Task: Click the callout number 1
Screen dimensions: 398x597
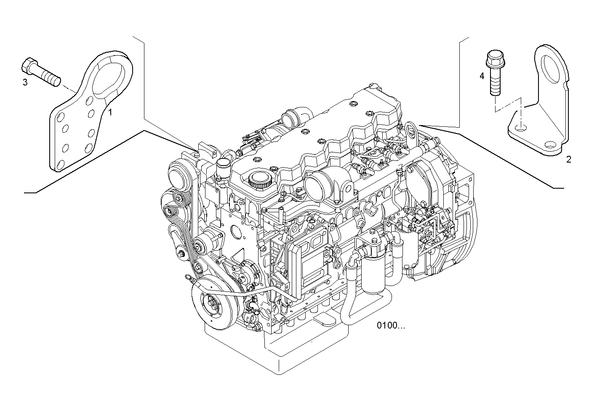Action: pos(110,112)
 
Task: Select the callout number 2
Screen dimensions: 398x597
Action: pos(568,159)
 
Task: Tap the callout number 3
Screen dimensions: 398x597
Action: pos(25,82)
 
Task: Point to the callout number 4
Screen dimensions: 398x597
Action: pos(482,76)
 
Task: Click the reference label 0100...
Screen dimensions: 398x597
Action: pos(391,325)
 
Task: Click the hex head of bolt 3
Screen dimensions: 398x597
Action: pos(27,65)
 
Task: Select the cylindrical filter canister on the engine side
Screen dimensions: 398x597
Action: pos(374,270)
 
